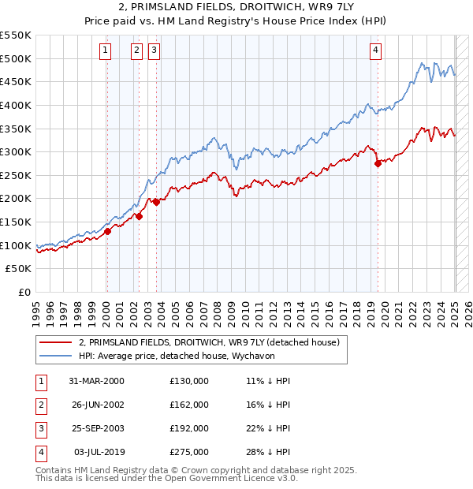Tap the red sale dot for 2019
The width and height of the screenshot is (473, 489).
(378, 163)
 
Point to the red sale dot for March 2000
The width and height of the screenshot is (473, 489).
(108, 231)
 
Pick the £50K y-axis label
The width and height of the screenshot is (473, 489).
(19, 269)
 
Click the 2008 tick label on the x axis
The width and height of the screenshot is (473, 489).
(218, 312)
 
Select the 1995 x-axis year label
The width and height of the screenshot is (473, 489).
(37, 312)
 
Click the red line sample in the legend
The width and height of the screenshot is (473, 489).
(56, 342)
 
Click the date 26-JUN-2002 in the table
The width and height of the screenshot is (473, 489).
(96, 405)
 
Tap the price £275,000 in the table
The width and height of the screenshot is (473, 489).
(189, 452)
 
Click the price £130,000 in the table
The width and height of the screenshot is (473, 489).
(189, 381)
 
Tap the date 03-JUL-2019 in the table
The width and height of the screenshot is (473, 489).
(96, 452)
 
